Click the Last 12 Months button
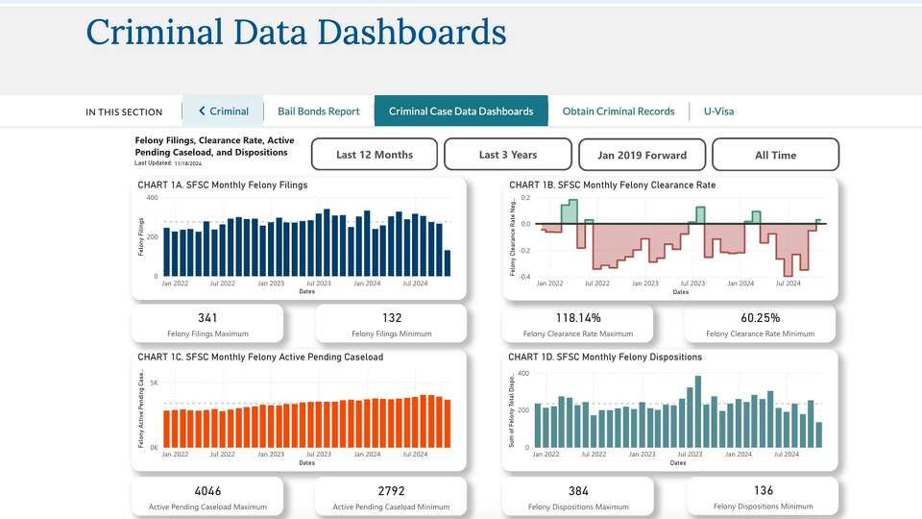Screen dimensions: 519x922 pos(375,155)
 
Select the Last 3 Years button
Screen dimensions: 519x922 pos(508,155)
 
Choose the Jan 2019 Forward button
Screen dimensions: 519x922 pos(642,155)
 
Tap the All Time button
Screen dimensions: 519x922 pos(775,155)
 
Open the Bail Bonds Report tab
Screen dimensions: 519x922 pos(318,111)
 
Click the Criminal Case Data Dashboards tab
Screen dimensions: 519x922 pos(461,111)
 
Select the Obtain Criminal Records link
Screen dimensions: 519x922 pos(619,111)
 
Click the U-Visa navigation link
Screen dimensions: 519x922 pos(718,111)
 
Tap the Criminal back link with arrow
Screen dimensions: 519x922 pos(223,111)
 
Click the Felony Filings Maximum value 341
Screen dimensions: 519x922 pos(207,318)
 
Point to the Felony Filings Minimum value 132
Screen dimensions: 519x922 pos(391,318)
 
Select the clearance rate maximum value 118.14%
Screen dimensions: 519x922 pos(577,318)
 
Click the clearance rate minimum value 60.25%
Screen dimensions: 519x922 pos(761,318)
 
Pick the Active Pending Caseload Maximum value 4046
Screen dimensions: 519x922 pos(207,491)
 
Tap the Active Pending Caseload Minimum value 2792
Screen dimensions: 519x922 pos(391,491)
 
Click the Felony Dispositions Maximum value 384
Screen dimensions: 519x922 pos(577,491)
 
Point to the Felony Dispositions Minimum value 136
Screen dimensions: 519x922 pos(763,491)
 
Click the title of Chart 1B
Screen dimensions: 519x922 pos(612,185)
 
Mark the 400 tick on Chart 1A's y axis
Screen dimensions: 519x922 pos(152,197)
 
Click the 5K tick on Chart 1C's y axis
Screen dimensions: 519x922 pos(154,383)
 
